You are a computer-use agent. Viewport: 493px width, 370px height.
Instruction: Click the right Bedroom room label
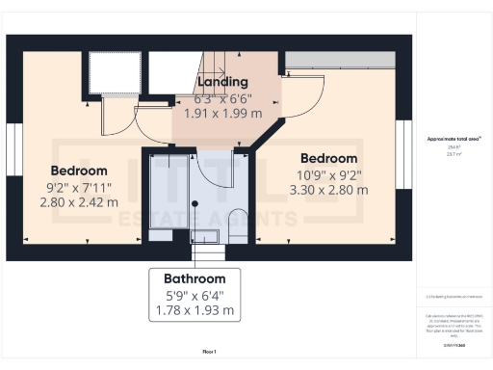click(328, 158)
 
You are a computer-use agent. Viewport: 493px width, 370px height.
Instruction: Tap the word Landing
click(222, 82)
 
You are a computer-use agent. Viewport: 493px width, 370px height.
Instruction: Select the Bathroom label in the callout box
click(194, 278)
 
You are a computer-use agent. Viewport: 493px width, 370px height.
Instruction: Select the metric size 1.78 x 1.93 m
click(194, 310)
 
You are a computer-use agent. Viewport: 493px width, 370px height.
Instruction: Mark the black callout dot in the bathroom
click(194, 203)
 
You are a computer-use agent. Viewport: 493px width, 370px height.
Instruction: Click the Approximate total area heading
click(454, 139)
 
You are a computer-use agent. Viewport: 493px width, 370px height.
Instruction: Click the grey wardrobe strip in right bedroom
click(342, 60)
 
